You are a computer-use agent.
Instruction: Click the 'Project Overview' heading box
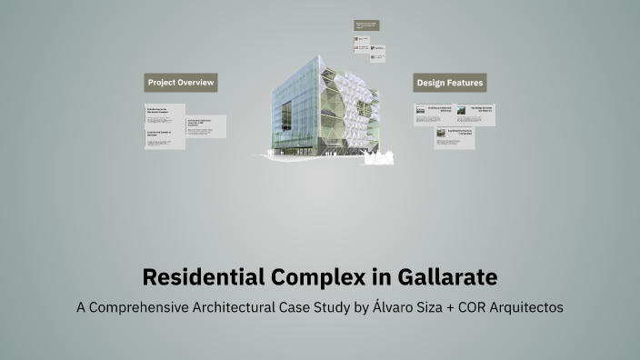pos(181,83)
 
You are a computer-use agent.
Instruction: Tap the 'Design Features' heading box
pos(449,83)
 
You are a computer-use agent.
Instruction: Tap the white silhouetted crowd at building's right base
pos(378,156)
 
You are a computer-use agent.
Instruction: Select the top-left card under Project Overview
pos(165,113)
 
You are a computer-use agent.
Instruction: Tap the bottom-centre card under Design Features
pos(454,137)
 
